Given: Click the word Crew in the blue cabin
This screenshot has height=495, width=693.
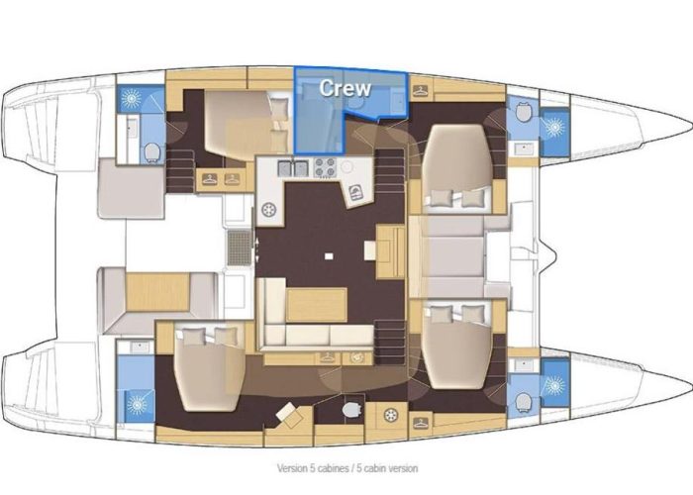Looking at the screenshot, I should [x=345, y=87].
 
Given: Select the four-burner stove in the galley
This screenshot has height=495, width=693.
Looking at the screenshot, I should [x=324, y=169].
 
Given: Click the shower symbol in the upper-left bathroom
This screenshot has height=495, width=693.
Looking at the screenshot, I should [x=130, y=99].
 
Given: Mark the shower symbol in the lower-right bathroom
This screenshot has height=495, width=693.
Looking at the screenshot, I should [x=552, y=380].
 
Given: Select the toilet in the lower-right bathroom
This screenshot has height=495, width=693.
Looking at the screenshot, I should [x=522, y=399].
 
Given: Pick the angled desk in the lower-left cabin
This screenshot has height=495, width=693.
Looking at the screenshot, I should [x=289, y=414].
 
